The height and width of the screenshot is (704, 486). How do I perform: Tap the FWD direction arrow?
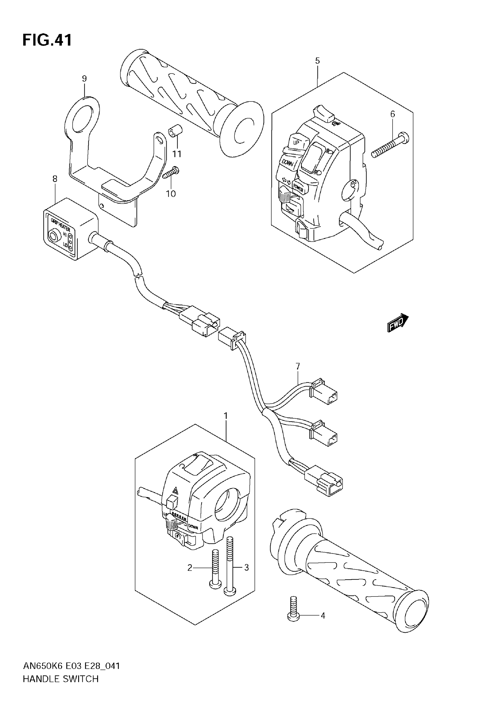[398, 323]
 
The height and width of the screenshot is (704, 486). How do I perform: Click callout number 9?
[84, 79]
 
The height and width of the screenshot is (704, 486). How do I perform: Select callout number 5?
[317, 61]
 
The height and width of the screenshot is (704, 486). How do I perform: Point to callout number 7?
[298, 366]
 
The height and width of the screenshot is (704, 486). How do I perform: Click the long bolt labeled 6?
[391, 145]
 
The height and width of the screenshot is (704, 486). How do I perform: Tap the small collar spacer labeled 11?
[175, 132]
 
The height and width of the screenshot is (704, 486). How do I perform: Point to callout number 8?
[55, 179]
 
